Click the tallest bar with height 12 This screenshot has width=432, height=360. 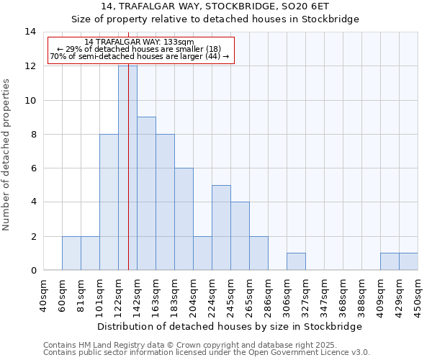(127, 168)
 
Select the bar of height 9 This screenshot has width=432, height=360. (146, 193)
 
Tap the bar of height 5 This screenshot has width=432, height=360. (221, 228)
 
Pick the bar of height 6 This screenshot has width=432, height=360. (184, 219)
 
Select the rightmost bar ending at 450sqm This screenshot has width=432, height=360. (408, 261)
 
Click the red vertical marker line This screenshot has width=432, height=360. (128, 216)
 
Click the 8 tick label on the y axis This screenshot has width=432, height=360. (33, 134)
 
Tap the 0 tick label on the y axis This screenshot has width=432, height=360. (33, 270)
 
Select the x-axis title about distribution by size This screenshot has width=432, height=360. (230, 326)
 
